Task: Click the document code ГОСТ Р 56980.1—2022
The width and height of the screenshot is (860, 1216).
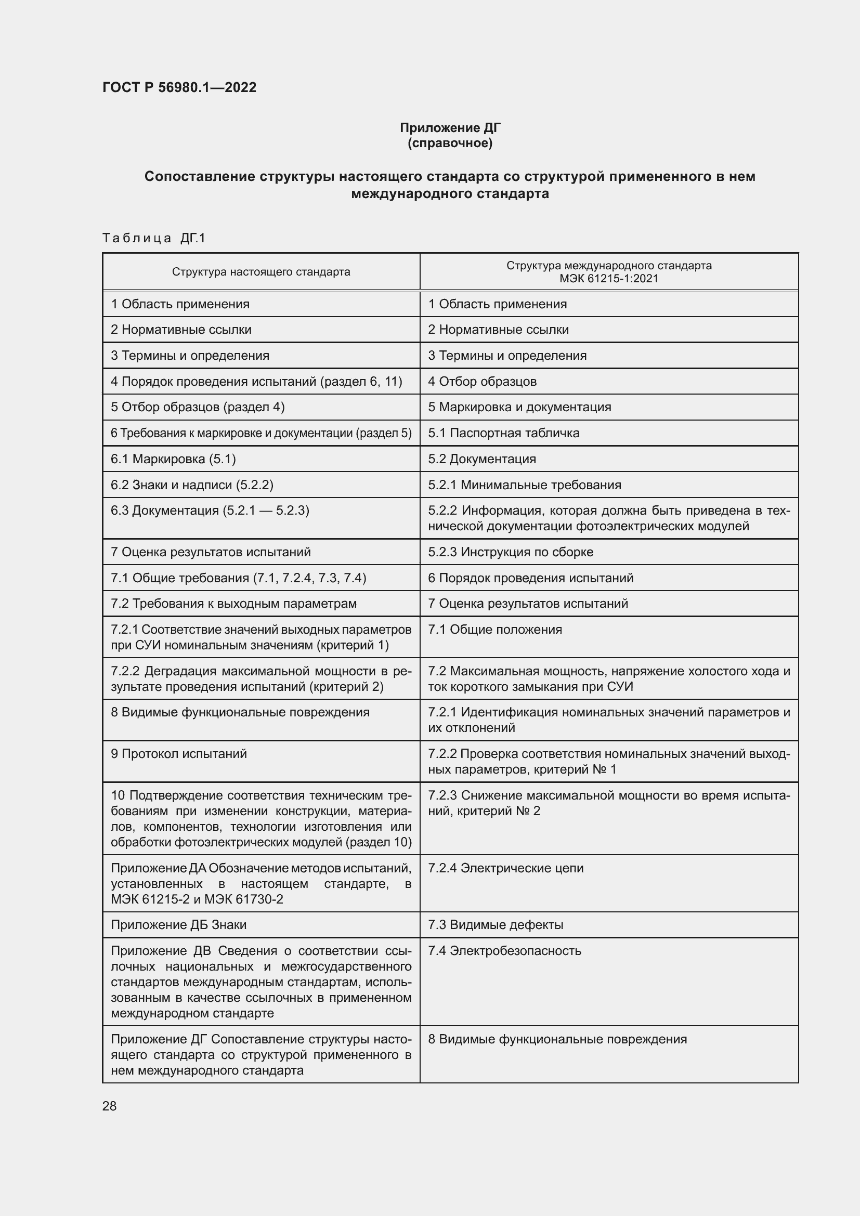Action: coord(179,87)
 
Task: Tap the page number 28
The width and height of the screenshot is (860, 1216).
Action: coord(110,1106)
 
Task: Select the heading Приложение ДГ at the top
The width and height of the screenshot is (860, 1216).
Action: coord(450,128)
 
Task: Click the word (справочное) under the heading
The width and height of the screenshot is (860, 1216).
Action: coord(450,143)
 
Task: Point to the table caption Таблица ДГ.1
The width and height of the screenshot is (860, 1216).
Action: coord(153,238)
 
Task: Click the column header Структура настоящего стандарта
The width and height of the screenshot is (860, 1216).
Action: coord(261,272)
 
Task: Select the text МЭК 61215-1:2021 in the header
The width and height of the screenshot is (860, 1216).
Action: coord(608,279)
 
